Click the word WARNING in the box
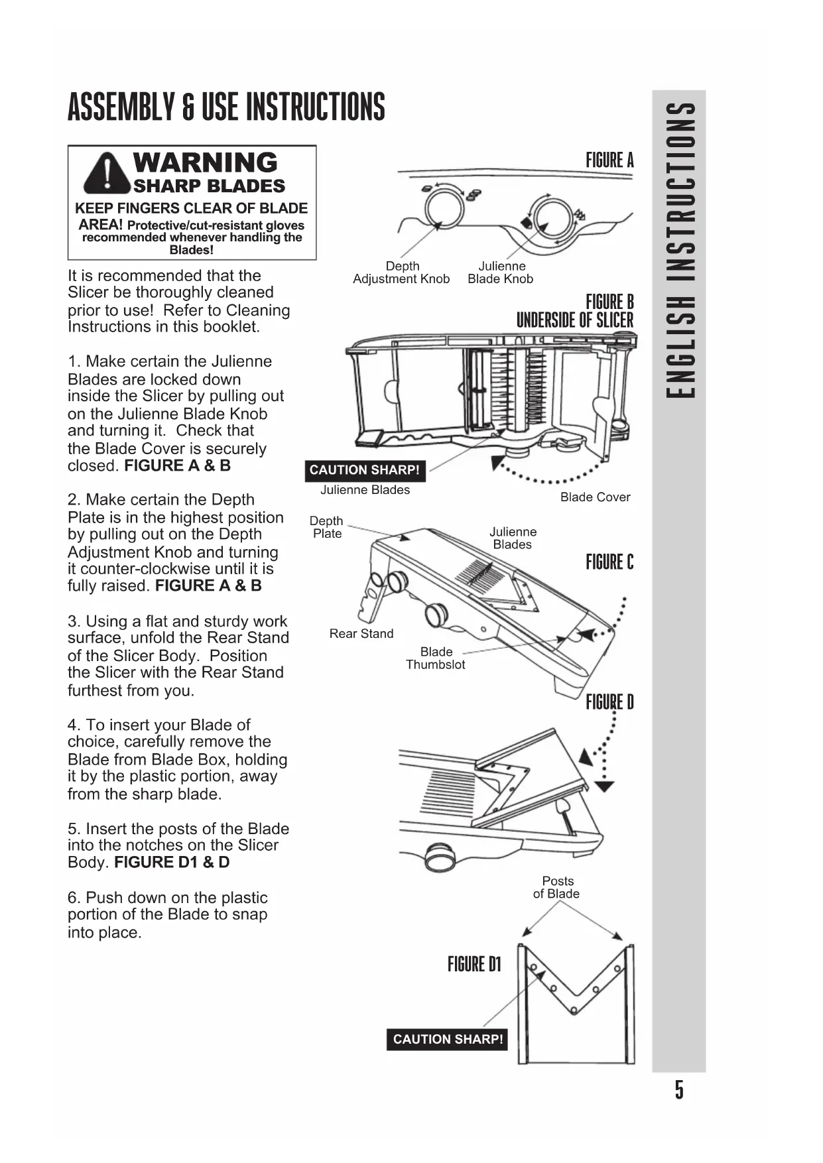click(x=205, y=162)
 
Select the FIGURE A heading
click(x=609, y=160)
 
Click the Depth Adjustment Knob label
click(x=401, y=273)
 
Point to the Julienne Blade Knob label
click(x=501, y=273)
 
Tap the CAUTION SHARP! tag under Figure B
click(x=364, y=470)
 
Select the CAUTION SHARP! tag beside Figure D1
click(x=448, y=1039)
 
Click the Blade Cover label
click(x=595, y=497)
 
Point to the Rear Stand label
click(x=361, y=634)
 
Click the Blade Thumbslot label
click(x=436, y=658)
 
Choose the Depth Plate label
click(x=326, y=527)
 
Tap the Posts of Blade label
click(x=557, y=887)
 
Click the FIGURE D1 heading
click(x=474, y=964)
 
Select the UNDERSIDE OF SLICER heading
click(x=575, y=321)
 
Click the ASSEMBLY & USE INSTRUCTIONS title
click(x=226, y=108)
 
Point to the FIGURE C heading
click(x=609, y=562)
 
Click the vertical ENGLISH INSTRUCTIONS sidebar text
click(x=680, y=249)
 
